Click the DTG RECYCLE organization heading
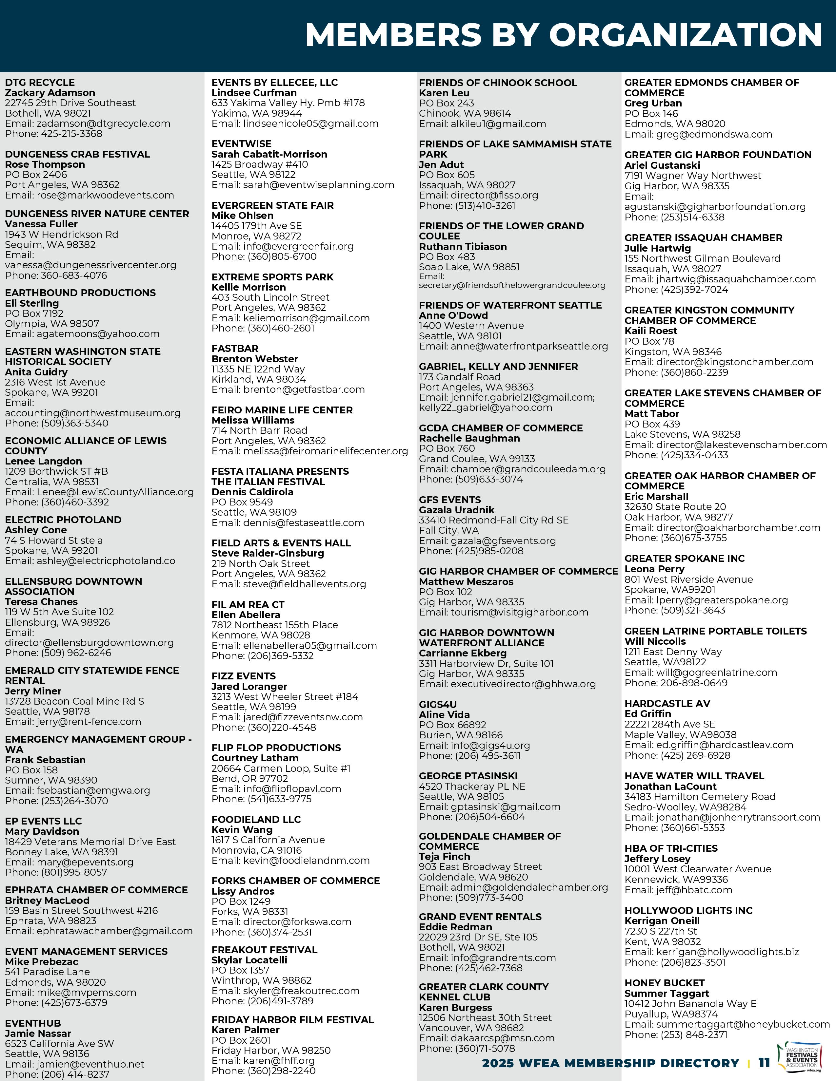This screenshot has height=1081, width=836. point(40,83)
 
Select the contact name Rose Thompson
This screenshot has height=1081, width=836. point(45,164)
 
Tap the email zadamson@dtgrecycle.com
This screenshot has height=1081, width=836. point(103,123)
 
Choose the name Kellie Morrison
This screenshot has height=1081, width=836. point(249,287)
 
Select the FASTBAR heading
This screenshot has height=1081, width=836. point(235,349)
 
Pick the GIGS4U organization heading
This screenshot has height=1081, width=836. point(438,704)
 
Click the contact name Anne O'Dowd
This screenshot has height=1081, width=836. point(453,315)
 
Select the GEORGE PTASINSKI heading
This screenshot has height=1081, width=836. point(468,776)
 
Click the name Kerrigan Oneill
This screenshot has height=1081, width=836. point(662,920)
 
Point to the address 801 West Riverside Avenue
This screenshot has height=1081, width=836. point(688,579)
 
